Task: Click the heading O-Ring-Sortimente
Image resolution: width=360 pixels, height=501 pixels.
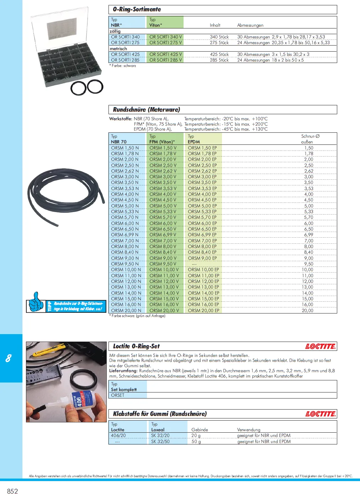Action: [137, 10]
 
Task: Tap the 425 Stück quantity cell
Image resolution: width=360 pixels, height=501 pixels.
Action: [219, 54]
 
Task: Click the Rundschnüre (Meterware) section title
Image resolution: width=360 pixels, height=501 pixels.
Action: [147, 110]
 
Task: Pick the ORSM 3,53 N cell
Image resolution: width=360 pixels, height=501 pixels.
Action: [125, 189]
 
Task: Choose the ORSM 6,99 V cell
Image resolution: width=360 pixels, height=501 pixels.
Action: [163, 235]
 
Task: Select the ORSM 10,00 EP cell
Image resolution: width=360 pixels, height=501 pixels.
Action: [203, 270]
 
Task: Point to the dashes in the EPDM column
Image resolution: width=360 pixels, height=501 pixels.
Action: [194, 264]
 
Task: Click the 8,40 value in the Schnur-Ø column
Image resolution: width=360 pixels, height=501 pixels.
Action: [308, 252]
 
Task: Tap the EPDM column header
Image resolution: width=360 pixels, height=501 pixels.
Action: [194, 142]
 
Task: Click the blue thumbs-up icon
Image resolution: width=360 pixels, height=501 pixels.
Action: [36, 302]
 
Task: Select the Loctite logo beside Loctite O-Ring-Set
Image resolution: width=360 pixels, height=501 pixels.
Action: [320, 347]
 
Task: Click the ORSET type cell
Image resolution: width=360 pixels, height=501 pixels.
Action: [118, 395]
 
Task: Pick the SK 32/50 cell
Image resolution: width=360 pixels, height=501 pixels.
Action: [160, 442]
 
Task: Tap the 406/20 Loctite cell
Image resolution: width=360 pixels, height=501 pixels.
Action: [118, 436]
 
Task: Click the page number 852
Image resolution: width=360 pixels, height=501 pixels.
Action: [12, 491]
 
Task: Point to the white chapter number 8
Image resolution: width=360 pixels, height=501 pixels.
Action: [9, 358]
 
